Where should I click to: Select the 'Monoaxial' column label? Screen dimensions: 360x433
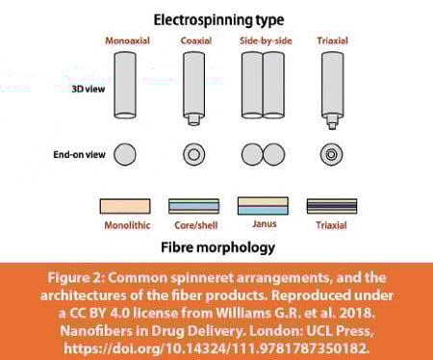coord(125,39)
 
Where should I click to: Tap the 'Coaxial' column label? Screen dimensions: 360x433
coord(195,39)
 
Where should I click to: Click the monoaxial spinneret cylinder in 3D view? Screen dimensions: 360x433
coord(125,85)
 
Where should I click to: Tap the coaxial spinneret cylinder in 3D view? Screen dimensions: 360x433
coord(195,83)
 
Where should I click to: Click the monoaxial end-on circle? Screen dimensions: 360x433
coord(125,154)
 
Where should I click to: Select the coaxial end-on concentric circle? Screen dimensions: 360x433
coord(195,154)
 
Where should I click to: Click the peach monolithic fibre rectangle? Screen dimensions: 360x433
coord(125,206)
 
